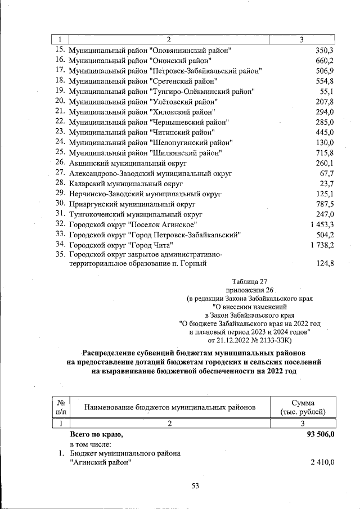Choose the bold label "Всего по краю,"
tap(96, 435)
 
